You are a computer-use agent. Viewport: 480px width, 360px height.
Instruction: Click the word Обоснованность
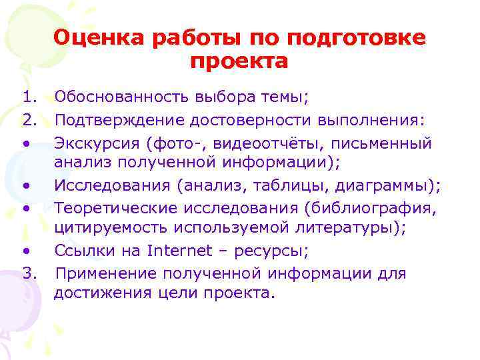(x=123, y=98)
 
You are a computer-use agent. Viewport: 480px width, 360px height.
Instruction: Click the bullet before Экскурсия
(x=25, y=143)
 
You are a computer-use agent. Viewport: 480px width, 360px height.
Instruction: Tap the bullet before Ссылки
(x=25, y=252)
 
